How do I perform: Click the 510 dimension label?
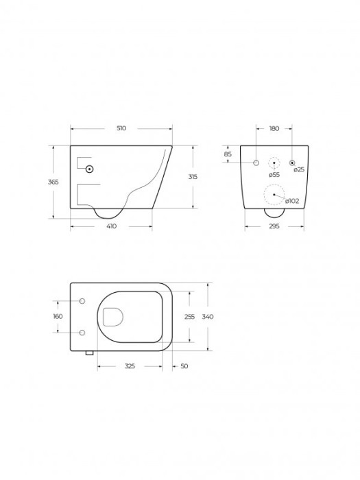tap(121, 128)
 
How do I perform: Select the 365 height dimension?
tap(53, 182)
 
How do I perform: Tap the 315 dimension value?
tap(193, 177)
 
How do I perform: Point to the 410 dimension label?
tap(111, 226)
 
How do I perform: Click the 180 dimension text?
tap(274, 129)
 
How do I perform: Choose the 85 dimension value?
tap(228, 154)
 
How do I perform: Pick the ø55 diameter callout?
tap(274, 175)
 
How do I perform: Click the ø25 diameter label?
tap(299, 169)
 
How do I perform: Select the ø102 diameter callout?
tap(292, 201)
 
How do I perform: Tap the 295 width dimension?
tap(274, 226)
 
